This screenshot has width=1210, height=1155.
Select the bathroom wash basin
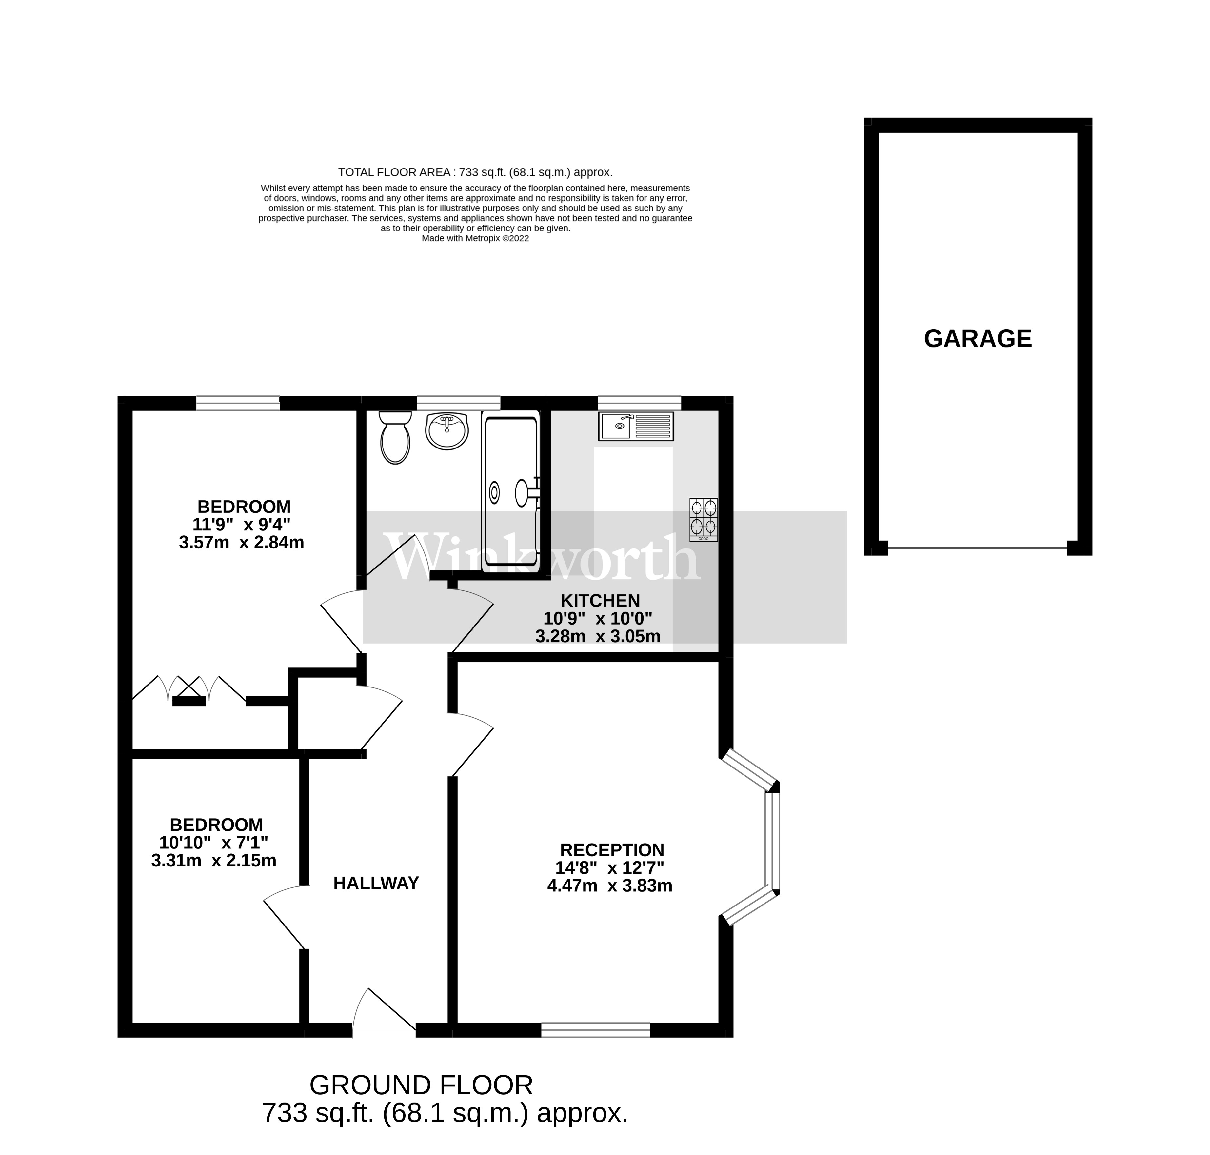[446, 431]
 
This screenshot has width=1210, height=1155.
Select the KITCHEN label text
[600, 600]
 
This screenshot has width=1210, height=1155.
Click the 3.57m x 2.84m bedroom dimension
[241, 542]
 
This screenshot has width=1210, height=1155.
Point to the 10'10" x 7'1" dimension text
[214, 842]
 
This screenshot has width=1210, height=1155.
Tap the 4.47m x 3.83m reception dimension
[610, 886]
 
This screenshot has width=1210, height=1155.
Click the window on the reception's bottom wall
[595, 1030]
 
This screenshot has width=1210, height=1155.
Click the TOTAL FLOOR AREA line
[475, 172]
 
